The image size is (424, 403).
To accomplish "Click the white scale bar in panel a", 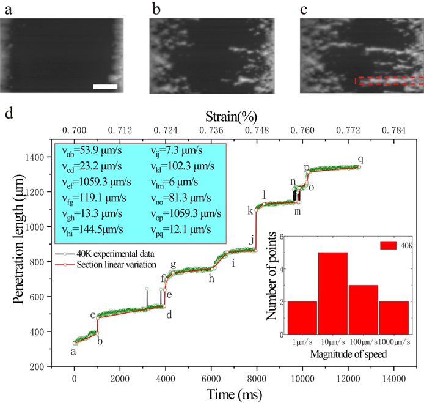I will click(105, 87).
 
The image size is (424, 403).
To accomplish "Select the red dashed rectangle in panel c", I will click(389, 80).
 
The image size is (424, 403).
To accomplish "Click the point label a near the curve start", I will click(73, 352).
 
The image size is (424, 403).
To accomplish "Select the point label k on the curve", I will click(250, 210).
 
